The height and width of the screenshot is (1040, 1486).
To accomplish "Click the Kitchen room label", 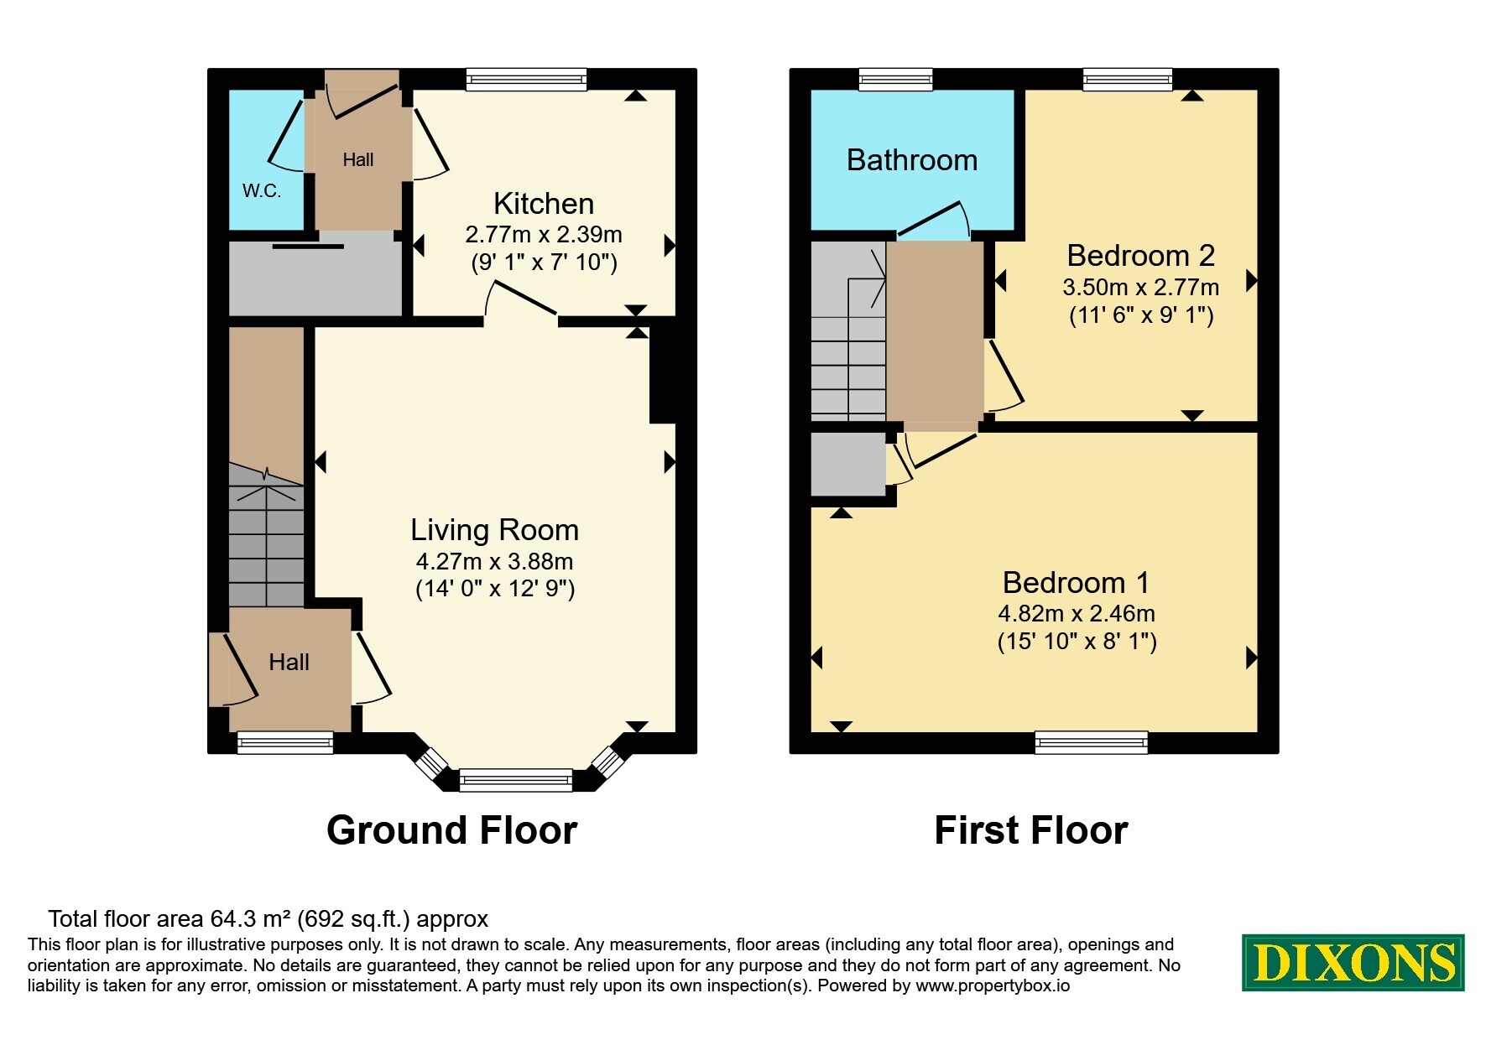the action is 544,204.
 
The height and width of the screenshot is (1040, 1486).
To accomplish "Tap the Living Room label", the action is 494,530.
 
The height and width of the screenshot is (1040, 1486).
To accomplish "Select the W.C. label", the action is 262,191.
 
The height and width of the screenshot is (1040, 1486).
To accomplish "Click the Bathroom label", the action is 912,160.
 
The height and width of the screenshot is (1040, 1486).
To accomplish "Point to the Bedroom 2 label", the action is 1141,255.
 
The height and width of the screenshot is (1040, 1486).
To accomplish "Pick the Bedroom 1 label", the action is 1077,582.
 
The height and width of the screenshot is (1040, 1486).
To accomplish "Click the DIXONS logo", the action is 1353,963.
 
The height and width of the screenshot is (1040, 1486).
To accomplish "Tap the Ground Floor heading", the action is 451,830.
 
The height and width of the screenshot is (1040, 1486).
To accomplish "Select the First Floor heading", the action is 1031,830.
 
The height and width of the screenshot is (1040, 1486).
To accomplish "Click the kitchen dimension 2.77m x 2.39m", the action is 544,235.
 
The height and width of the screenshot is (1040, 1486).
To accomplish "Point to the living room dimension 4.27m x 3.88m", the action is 495,561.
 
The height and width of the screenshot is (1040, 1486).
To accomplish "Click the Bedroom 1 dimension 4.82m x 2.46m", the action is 1077,614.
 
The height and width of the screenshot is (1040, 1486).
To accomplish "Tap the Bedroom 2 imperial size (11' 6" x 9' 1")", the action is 1141,315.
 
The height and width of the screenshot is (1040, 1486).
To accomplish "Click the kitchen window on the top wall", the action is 526,80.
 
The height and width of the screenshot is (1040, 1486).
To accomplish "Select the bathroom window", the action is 896,80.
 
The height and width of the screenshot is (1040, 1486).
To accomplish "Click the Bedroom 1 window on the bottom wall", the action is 1092,742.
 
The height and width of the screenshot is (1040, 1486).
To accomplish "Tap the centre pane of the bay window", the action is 516,780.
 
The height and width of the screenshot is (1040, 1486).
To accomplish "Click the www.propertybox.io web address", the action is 993,986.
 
